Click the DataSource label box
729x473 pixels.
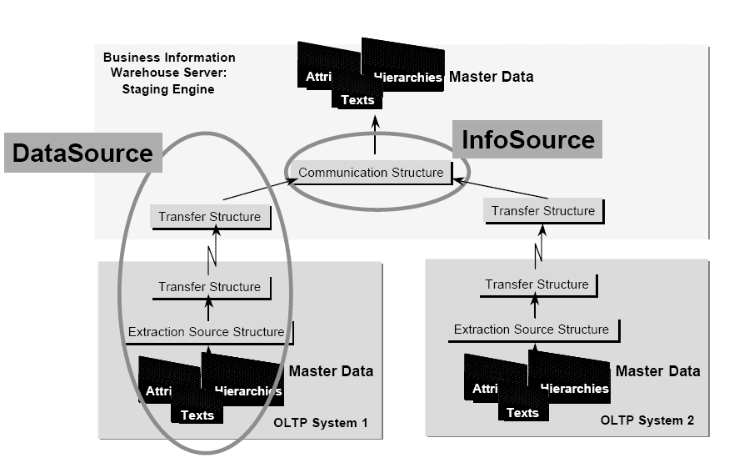coord(82,153)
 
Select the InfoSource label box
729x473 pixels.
coord(527,139)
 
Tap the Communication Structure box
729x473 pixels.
coord(371,173)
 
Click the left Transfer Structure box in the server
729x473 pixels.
coord(209,217)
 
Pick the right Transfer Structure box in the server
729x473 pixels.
coord(543,211)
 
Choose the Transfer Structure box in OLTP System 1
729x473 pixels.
coord(209,287)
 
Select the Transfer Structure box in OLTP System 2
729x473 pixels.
coord(537,284)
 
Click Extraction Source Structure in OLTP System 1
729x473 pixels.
coord(206,332)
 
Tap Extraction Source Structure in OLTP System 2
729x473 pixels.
coord(532,330)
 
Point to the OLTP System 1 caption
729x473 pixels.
coord(320,423)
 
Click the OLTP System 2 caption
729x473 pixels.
coord(647,420)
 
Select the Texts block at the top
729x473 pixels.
coord(357,100)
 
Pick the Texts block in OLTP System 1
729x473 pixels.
coord(197,415)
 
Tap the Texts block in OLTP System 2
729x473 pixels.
coord(522,412)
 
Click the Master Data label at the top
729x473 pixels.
coord(491,77)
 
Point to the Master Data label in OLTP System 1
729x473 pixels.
coord(331,370)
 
